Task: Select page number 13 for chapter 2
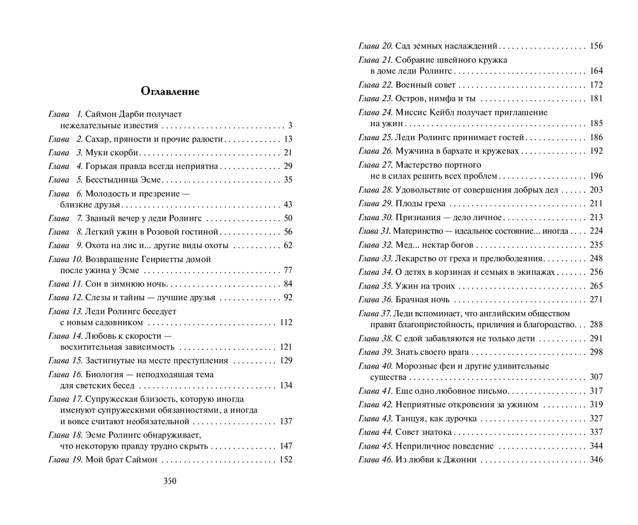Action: tap(288, 139)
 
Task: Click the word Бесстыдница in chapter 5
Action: tap(109, 179)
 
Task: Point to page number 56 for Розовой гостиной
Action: tap(288, 232)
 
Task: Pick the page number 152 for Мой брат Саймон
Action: tap(286, 459)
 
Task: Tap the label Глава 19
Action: tap(64, 459)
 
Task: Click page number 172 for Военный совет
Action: tap(597, 84)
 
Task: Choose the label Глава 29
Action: tap(375, 203)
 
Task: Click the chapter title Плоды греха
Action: tap(421, 203)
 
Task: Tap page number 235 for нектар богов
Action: tap(597, 244)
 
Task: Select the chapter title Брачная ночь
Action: tap(423, 299)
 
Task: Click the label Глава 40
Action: tap(375, 366)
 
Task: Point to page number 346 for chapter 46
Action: tap(597, 459)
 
